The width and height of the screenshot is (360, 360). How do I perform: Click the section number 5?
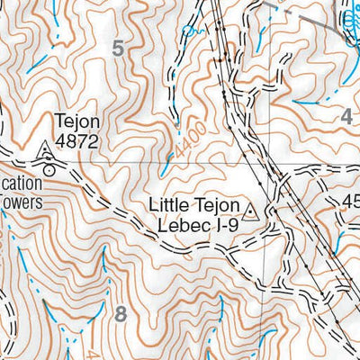(120, 49)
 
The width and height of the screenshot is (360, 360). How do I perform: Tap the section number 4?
(347, 115)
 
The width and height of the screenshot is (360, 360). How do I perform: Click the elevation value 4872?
(76, 141)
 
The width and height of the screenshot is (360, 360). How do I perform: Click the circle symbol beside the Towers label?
(49, 166)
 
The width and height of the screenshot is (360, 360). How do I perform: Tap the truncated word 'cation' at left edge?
(21, 177)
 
